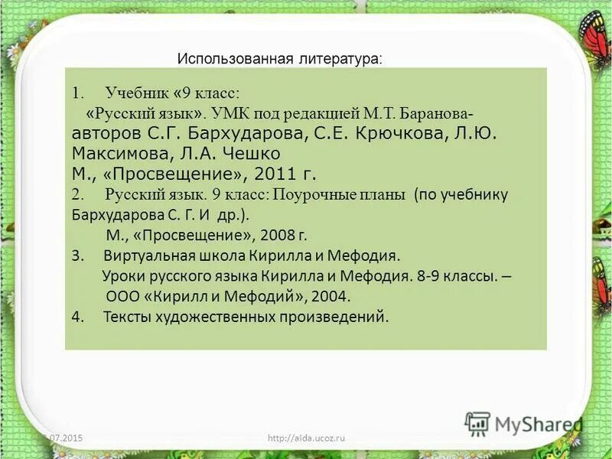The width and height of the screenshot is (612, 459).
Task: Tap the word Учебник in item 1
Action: click(x=135, y=93)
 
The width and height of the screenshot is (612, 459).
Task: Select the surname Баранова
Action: click(x=439, y=113)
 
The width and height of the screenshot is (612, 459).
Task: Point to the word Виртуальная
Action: click(x=146, y=255)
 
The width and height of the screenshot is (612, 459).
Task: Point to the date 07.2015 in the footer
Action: click(x=64, y=437)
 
